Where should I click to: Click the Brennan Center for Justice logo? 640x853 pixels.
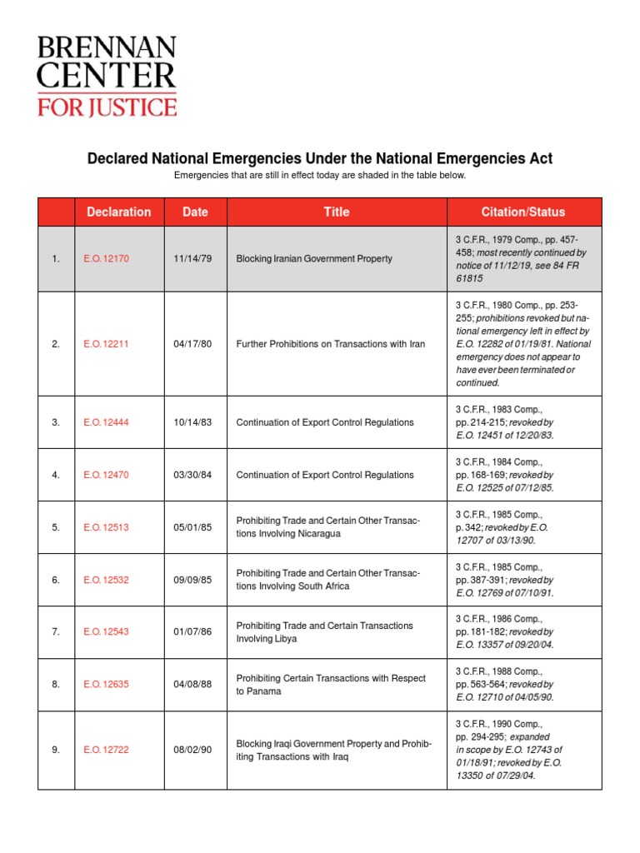(x=106, y=75)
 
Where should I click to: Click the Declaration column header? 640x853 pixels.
(x=119, y=212)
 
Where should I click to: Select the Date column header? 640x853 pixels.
(x=195, y=212)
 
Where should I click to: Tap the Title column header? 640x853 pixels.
(x=337, y=212)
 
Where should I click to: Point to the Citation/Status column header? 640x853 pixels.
(x=523, y=212)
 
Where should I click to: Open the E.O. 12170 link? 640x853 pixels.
(x=106, y=259)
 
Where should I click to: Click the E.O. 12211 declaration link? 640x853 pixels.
(x=106, y=343)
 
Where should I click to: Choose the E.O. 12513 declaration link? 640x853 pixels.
(x=106, y=527)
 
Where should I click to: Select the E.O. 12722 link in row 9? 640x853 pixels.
(x=106, y=750)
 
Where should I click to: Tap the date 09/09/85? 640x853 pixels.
(x=192, y=580)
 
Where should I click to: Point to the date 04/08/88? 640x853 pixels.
(x=192, y=685)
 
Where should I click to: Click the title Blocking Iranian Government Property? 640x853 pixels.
(x=314, y=259)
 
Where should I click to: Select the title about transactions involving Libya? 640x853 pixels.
(x=324, y=632)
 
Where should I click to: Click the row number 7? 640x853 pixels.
(x=56, y=632)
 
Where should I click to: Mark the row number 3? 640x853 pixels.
(x=56, y=422)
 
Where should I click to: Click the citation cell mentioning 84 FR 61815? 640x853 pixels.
(x=522, y=259)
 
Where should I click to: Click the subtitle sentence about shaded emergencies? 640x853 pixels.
(x=320, y=176)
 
